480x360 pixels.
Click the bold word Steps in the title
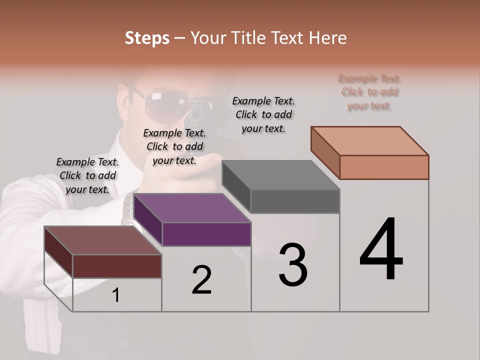[147, 38]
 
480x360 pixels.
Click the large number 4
[381, 249]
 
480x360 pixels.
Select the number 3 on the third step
[293, 265]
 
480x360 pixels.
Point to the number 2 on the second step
[202, 279]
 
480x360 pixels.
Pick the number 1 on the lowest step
[116, 295]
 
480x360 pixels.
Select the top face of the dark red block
[103, 240]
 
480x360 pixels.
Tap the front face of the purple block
[206, 234]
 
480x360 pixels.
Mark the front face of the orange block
[384, 167]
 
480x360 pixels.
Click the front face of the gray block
[295, 201]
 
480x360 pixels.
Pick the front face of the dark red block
[117, 266]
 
